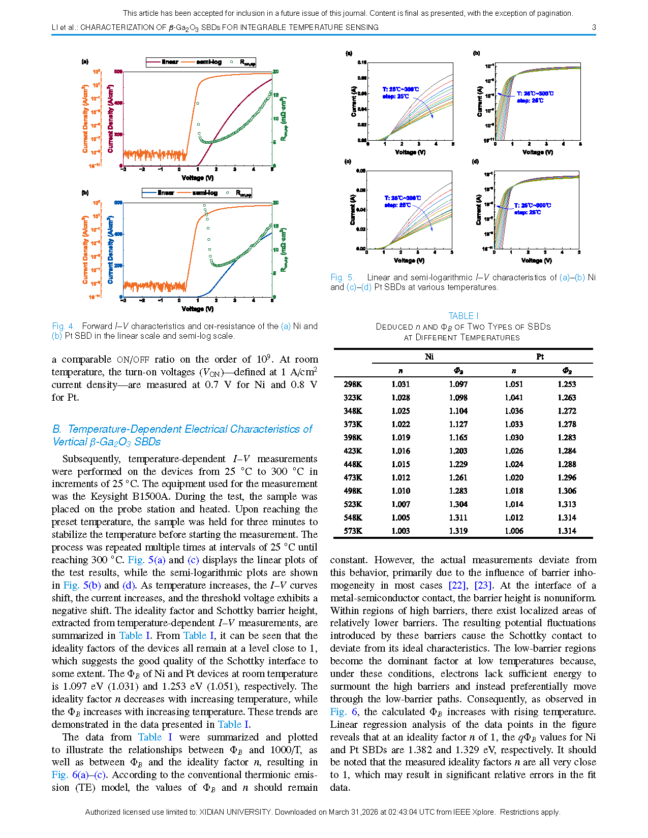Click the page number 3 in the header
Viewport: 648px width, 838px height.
(594, 27)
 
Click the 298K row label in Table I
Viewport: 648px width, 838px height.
(353, 384)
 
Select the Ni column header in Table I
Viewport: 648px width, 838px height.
(429, 357)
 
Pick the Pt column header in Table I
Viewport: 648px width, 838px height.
(540, 357)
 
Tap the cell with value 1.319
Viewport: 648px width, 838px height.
(458, 531)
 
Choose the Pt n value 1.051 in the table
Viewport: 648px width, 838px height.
(514, 384)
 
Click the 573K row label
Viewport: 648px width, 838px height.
(353, 531)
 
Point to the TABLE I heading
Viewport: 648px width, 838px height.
(463, 316)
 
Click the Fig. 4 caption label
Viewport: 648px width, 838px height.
(63, 326)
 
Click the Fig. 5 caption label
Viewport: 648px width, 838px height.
(342, 277)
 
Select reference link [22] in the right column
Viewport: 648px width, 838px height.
(457, 585)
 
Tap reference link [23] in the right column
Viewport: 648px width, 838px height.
(482, 585)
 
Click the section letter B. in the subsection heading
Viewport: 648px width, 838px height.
(57, 429)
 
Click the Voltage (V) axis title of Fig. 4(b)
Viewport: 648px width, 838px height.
(198, 309)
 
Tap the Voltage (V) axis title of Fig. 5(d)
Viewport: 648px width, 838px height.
(536, 261)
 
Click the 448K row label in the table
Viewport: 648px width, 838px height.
(353, 464)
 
